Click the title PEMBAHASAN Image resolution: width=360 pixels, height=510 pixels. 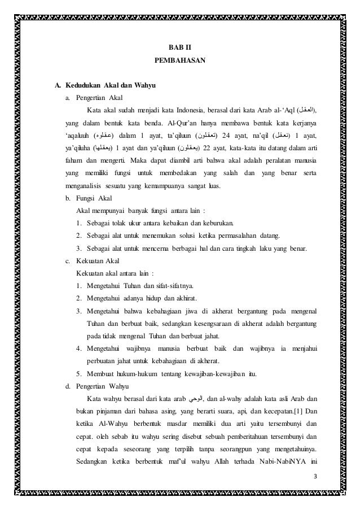179,59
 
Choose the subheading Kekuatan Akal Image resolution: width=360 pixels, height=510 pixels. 94,261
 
